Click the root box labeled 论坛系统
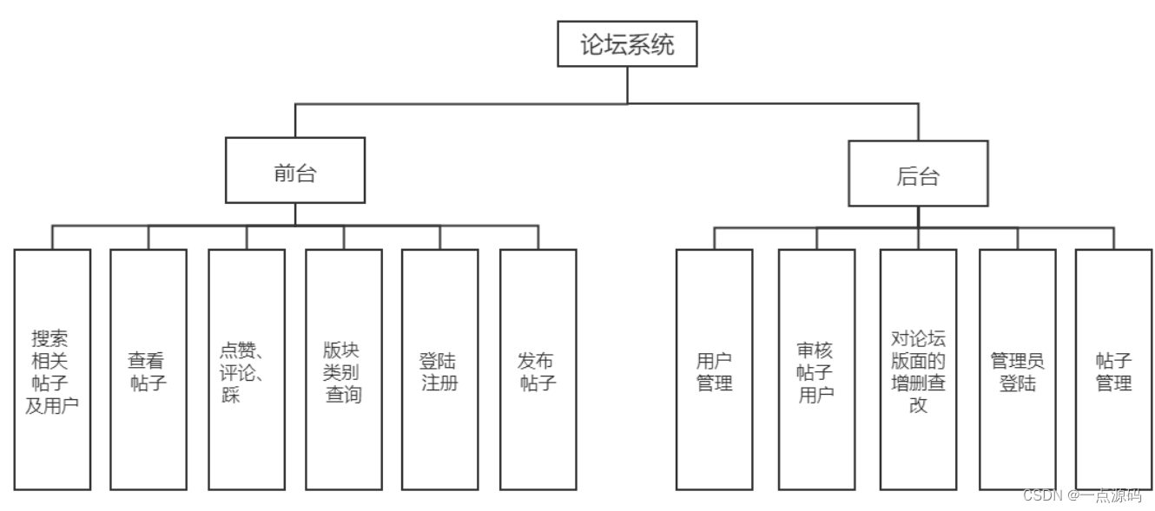627,44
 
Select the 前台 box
294,170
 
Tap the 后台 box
918,174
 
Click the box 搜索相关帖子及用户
52,370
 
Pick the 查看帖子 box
148,370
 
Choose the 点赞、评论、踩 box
247,370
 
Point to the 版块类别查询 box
343,370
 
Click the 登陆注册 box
439,370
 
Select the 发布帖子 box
538,370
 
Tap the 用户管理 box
715,370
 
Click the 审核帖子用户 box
816,370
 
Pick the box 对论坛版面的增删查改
918,370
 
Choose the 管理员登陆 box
1018,370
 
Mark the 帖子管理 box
1113,370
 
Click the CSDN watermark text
1081,495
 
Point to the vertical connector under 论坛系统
627,85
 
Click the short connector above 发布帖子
538,238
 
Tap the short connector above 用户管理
715,239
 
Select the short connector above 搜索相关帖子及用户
52,238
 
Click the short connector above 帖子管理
1113,239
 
